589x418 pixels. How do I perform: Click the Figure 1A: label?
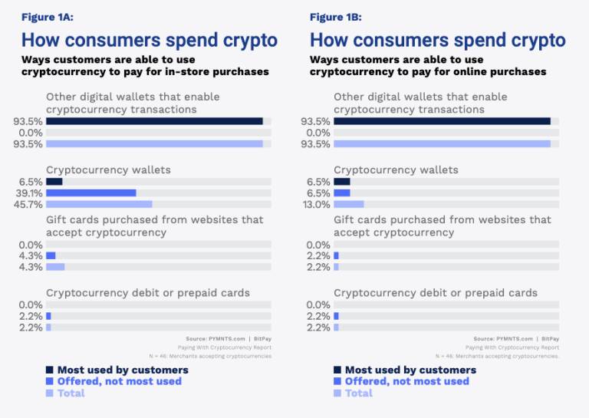[x=48, y=18]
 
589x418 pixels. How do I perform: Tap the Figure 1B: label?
[x=335, y=18]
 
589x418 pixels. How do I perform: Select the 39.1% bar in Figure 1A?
[x=91, y=193]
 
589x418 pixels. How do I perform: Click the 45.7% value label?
[x=28, y=205]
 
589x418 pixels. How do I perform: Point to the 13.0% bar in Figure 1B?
[x=349, y=204]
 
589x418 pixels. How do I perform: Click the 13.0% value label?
[x=316, y=205]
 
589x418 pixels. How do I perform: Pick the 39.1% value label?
[x=29, y=193]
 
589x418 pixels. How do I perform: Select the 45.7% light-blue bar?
[x=99, y=204]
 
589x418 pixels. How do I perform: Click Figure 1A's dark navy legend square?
[x=50, y=370]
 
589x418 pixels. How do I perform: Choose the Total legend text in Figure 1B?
[x=359, y=393]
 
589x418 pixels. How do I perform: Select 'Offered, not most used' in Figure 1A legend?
[x=120, y=382]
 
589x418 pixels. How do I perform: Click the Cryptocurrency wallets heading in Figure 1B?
[x=396, y=170]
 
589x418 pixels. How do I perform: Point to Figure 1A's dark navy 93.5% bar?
[x=154, y=121]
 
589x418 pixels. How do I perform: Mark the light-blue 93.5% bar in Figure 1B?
[x=442, y=144]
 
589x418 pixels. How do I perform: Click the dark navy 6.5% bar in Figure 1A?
[x=54, y=182]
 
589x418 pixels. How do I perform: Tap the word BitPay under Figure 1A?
[x=262, y=339]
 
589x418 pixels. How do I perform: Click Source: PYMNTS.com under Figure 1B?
[x=503, y=339]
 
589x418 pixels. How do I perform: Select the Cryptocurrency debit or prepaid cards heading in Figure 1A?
[x=148, y=293]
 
